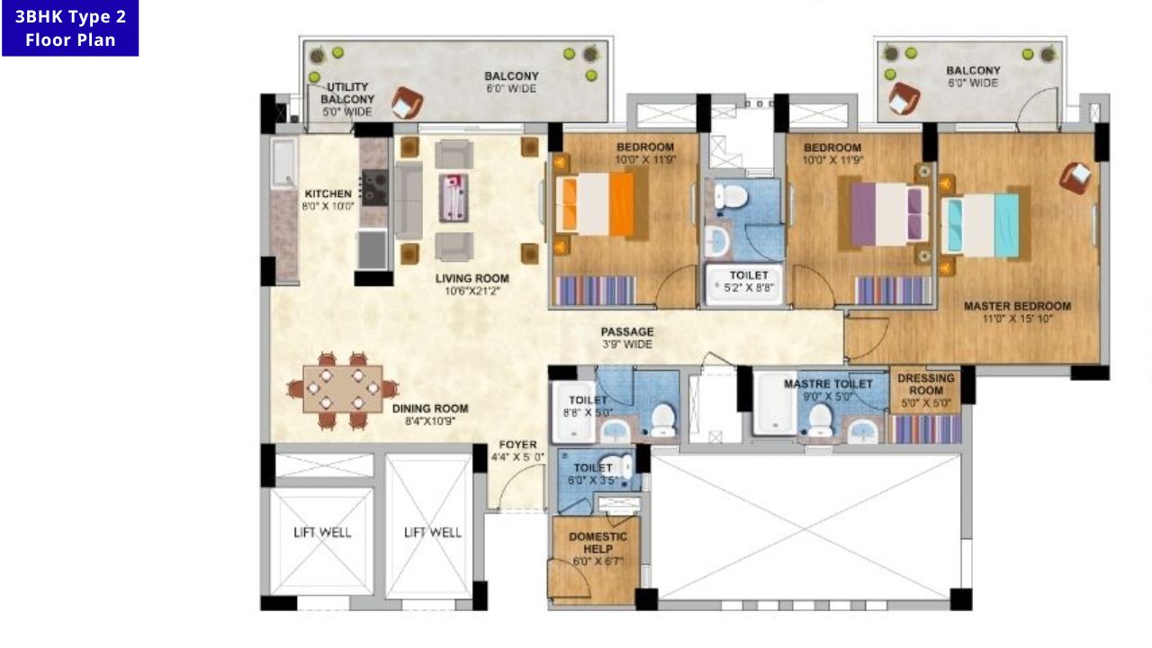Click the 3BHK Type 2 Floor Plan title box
tap(70, 29)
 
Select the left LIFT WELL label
tap(322, 532)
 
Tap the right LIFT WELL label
tap(432, 532)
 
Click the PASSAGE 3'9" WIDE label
tap(627, 337)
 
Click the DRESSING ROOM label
tap(925, 384)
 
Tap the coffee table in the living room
tap(454, 197)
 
